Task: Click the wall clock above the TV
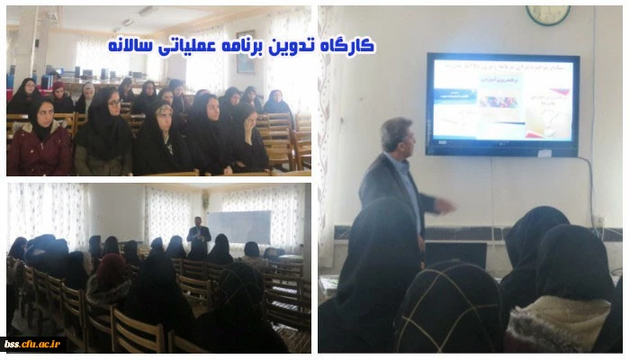[547, 13]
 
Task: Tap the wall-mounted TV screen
[501, 103]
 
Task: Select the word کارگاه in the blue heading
[354, 46]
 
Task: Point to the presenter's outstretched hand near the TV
[445, 205]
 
